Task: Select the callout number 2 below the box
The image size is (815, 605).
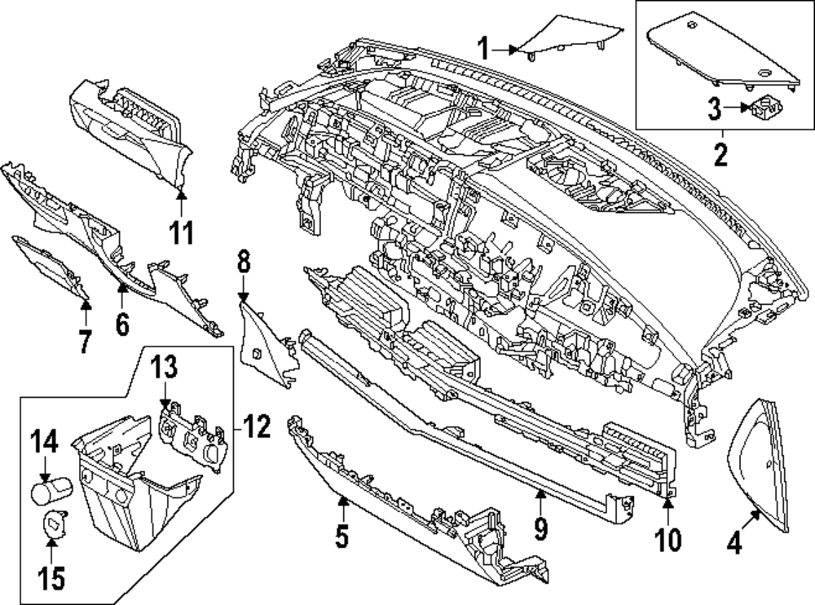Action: pos(720,153)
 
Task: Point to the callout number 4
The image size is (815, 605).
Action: pos(734,543)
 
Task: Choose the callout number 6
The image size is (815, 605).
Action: pos(122,324)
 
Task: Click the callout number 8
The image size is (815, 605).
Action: pos(244,263)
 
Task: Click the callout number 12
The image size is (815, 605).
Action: pos(257,426)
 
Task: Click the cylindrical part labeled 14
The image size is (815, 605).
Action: pos(51,492)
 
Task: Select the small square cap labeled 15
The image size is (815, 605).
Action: pos(53,522)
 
